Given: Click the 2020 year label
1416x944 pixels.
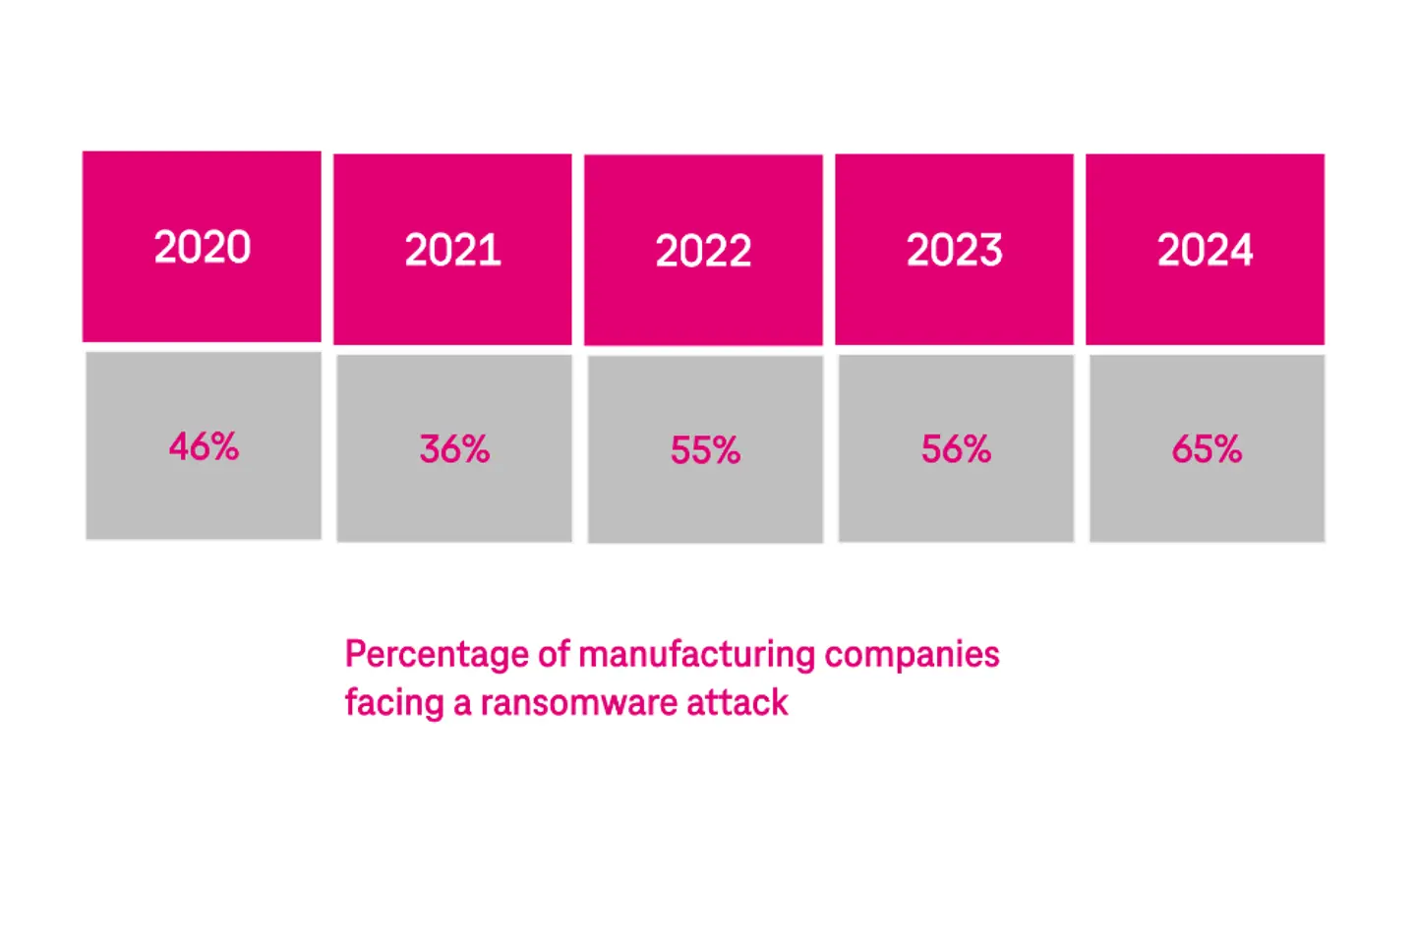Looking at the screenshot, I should tap(203, 247).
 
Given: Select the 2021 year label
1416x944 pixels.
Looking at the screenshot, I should tap(453, 250).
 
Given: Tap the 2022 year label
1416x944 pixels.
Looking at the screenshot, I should tap(704, 251).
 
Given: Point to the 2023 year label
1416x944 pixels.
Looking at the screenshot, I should tap(955, 250).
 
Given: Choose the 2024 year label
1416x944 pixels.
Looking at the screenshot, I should tap(1206, 250).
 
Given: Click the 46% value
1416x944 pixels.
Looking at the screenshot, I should tap(204, 447).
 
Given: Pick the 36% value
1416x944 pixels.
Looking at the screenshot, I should tap(454, 449).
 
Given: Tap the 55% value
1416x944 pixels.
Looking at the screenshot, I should tap(705, 450).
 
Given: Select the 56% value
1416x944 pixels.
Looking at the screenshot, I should tap(956, 449).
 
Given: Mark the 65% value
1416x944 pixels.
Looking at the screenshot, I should tap(1207, 449).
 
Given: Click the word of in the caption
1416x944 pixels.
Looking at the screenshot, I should tap(554, 655).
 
